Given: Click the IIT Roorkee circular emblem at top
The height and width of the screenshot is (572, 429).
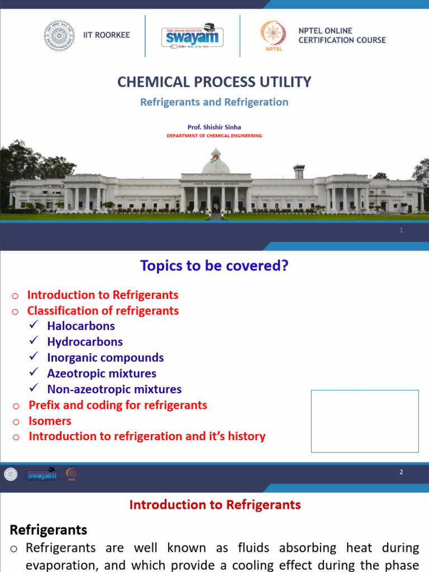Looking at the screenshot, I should pos(59,35).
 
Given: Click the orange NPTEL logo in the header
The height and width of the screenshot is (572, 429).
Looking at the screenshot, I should pos(273,35).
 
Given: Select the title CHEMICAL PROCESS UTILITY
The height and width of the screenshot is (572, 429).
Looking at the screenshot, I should pos(214,82).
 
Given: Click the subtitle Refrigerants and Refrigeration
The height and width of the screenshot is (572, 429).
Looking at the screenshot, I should pos(214,102).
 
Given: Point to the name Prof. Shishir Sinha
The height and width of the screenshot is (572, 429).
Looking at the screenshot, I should pos(214,127).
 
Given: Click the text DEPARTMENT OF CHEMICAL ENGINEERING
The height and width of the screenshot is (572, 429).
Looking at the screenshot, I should pos(214,136).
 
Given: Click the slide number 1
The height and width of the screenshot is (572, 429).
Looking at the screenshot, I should pos(401,230).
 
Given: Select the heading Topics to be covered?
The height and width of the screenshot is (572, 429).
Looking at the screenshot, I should pos(214,266).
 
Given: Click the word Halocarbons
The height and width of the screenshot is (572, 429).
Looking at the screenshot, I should pos(81,326).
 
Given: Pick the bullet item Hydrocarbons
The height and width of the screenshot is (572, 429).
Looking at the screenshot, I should pos(85,342).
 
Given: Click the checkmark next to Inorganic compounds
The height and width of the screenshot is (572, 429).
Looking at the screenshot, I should pos(34,357).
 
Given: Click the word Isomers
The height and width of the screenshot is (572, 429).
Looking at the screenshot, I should pos(50,421).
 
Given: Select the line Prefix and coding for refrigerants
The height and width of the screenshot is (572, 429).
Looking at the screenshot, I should pos(118,405).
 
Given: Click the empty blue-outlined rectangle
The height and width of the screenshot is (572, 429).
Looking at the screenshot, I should pos(364,421).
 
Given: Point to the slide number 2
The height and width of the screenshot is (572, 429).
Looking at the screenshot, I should pos(401,472).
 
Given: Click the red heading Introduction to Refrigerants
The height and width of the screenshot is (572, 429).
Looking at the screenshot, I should pos(215,505).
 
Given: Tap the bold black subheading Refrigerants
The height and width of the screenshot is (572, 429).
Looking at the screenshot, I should pos(49,530).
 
